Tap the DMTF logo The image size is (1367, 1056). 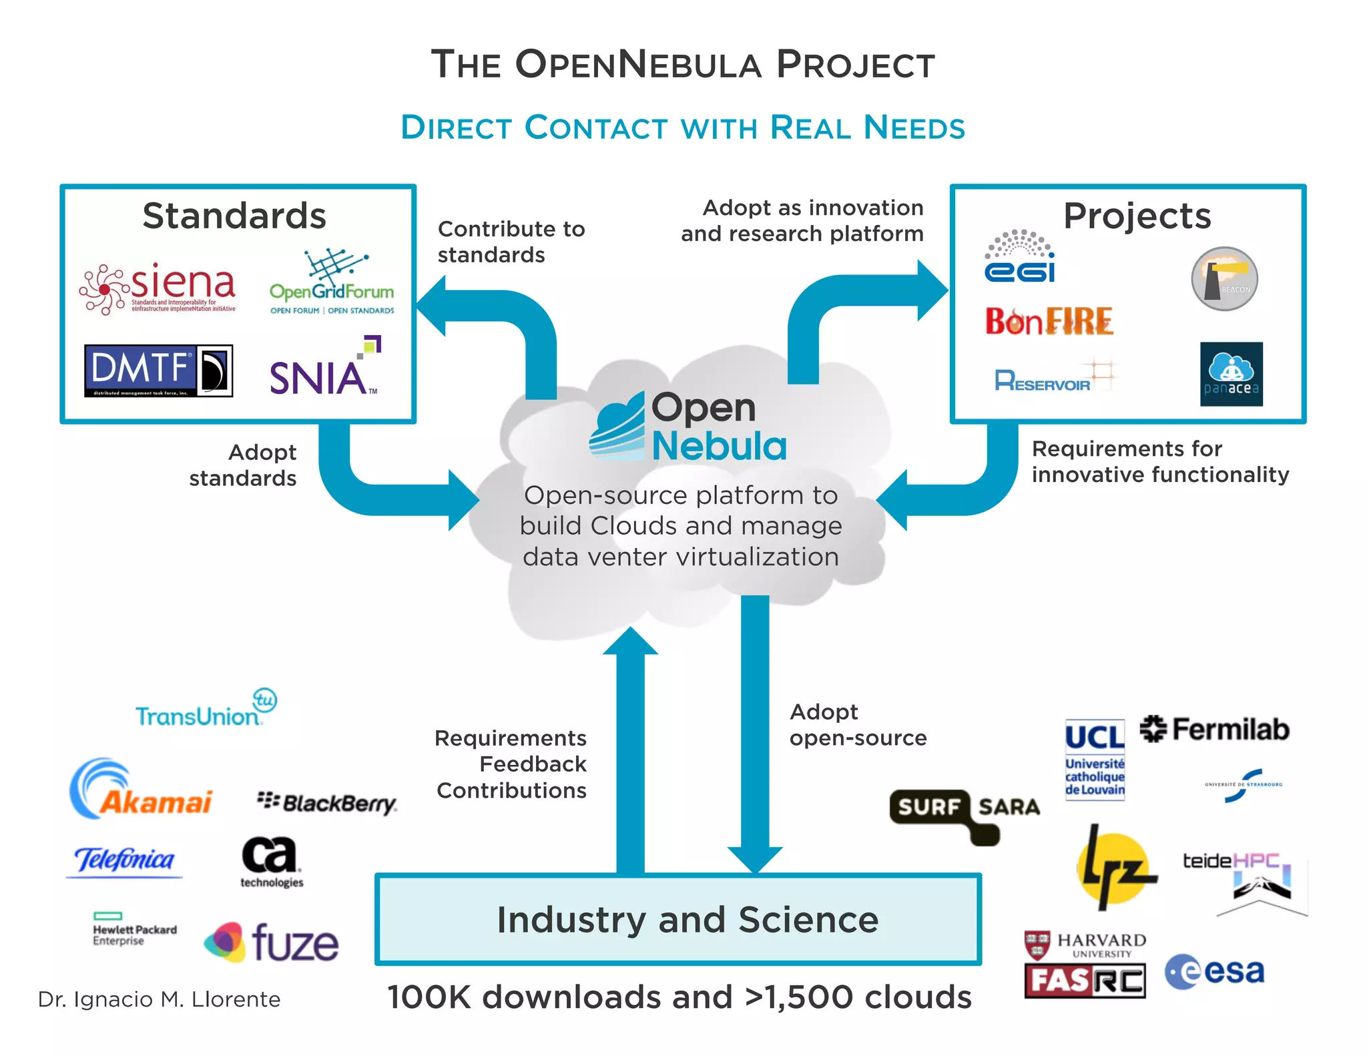pyautogui.click(x=158, y=370)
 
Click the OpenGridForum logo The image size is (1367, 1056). pyautogui.click(x=332, y=284)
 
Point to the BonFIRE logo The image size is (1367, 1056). pyautogui.click(x=1049, y=322)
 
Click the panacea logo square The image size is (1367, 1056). pyautogui.click(x=1231, y=374)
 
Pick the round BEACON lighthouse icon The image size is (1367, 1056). pyautogui.click(x=1224, y=279)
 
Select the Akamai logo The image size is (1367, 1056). pyautogui.click(x=141, y=791)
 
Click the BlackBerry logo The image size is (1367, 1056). pyautogui.click(x=327, y=802)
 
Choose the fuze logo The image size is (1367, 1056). pyautogui.click(x=272, y=942)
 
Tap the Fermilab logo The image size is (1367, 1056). pyautogui.click(x=1214, y=729)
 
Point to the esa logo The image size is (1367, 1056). pyautogui.click(x=1215, y=972)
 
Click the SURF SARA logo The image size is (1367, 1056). pyautogui.click(x=965, y=808)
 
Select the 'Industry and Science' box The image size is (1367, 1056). pyautogui.click(x=677, y=919)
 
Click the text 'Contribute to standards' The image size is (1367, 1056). pyautogui.click(x=511, y=242)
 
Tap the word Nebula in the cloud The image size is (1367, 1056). pyautogui.click(x=719, y=446)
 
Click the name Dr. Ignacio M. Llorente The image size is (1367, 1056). pyautogui.click(x=159, y=999)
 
